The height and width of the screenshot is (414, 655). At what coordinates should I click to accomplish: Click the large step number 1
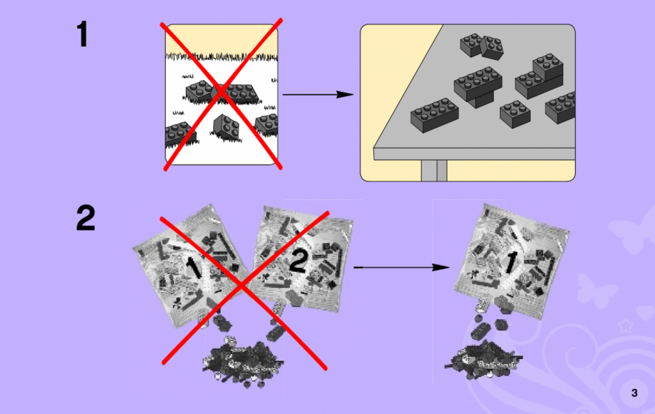click(83, 34)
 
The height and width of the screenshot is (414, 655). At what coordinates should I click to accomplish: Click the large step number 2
click(86, 217)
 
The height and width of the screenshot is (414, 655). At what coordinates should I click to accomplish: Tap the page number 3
click(635, 392)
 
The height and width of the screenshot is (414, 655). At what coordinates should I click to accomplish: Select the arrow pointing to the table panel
click(318, 94)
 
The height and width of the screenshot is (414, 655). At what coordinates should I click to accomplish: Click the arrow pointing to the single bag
click(401, 267)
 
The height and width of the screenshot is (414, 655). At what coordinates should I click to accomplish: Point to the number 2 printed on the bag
click(298, 261)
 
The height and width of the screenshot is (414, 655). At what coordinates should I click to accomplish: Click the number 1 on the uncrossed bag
click(510, 263)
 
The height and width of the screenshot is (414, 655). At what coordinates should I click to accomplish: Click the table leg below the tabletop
click(434, 171)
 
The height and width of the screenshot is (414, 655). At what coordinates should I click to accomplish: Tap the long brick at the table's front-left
click(434, 115)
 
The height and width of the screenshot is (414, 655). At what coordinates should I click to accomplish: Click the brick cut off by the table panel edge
click(561, 107)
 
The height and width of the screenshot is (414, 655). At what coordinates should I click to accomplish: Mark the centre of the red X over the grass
click(222, 93)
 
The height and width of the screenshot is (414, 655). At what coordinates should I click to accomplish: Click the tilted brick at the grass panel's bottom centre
click(226, 128)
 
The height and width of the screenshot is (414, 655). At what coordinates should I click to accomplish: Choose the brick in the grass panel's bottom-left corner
click(180, 135)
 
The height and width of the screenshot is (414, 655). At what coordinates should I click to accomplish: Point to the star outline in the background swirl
click(625, 325)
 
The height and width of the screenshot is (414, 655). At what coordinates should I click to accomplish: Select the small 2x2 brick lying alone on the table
click(515, 114)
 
